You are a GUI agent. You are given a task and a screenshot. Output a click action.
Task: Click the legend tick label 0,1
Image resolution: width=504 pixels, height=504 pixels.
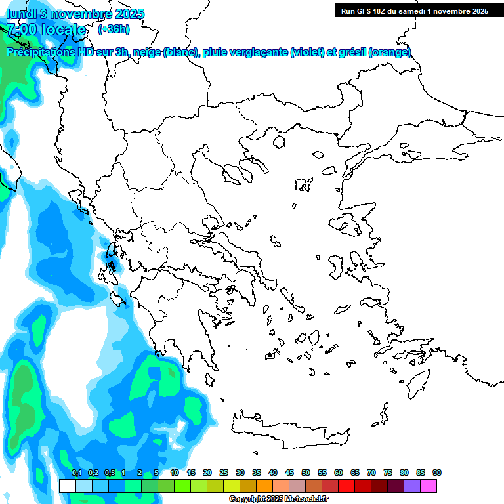click(x=76, y=472)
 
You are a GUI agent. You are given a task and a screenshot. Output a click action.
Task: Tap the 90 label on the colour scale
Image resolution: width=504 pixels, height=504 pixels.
click(x=437, y=472)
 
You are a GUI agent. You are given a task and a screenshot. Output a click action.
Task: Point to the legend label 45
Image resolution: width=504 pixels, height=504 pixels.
click(x=289, y=472)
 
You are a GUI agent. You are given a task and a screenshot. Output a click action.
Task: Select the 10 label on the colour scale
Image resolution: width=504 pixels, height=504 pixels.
click(x=175, y=472)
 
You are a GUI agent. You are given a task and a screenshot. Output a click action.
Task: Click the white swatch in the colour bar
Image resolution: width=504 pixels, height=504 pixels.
click(x=67, y=486)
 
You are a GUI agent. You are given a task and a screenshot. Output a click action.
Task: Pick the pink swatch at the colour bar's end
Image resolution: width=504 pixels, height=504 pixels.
click(x=429, y=486)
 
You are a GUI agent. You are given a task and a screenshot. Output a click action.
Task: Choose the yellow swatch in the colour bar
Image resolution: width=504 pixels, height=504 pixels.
click(x=232, y=486)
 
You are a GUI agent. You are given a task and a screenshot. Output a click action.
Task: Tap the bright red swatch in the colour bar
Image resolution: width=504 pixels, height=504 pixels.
click(x=346, y=486)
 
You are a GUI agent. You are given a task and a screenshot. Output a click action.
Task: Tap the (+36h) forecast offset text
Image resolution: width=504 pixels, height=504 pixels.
click(x=114, y=30)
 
